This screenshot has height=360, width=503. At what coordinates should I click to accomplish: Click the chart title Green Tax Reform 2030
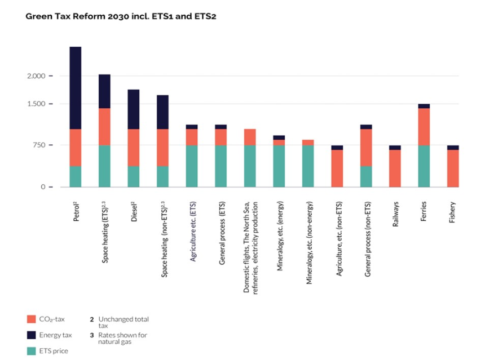(x=121, y=16)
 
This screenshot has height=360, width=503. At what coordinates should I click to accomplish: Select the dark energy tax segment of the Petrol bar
(x=76, y=88)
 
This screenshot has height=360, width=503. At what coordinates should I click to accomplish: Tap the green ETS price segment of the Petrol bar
(x=76, y=176)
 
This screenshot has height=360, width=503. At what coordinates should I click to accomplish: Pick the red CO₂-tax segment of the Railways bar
(x=395, y=168)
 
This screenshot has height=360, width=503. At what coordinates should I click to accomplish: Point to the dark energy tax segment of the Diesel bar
(x=134, y=109)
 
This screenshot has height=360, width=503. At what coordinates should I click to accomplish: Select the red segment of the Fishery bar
(x=453, y=168)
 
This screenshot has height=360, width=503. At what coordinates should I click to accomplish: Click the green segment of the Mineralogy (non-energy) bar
(x=308, y=166)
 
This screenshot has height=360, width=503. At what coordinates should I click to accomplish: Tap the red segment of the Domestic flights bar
(x=250, y=137)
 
